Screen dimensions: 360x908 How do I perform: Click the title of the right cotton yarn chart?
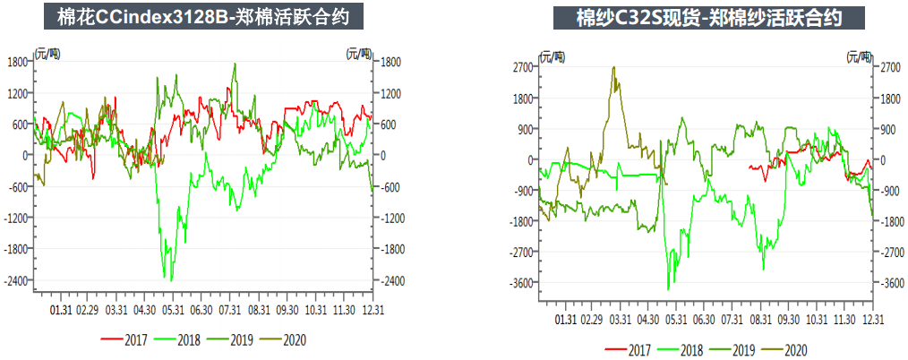pos(707,18)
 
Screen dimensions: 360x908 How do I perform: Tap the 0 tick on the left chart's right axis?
pos(379,156)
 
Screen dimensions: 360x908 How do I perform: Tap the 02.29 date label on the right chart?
pos(591,319)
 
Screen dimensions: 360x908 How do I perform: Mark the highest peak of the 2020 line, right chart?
pos(613,67)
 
